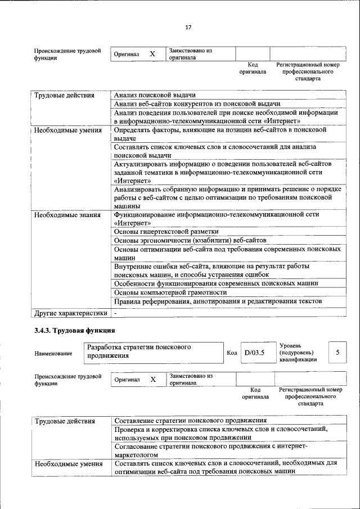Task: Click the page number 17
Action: click(188, 28)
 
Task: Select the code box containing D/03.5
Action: click(254, 353)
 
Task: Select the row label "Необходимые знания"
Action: click(67, 214)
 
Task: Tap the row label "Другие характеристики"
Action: click(70, 313)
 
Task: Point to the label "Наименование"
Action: click(53, 353)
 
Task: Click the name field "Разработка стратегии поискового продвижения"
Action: click(152, 352)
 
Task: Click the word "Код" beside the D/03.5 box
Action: click(231, 353)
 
